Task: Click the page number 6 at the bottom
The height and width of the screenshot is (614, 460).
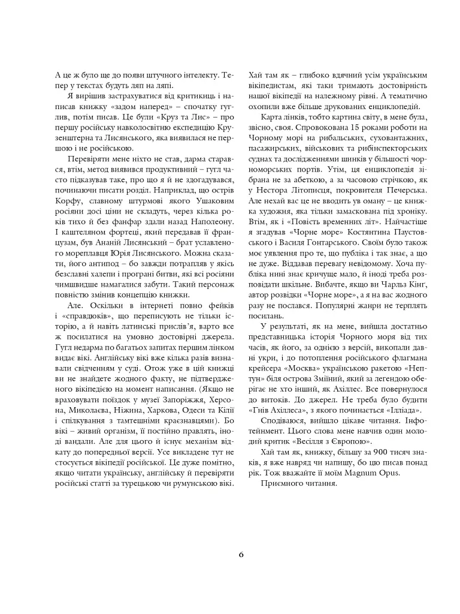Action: [x=241, y=555]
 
